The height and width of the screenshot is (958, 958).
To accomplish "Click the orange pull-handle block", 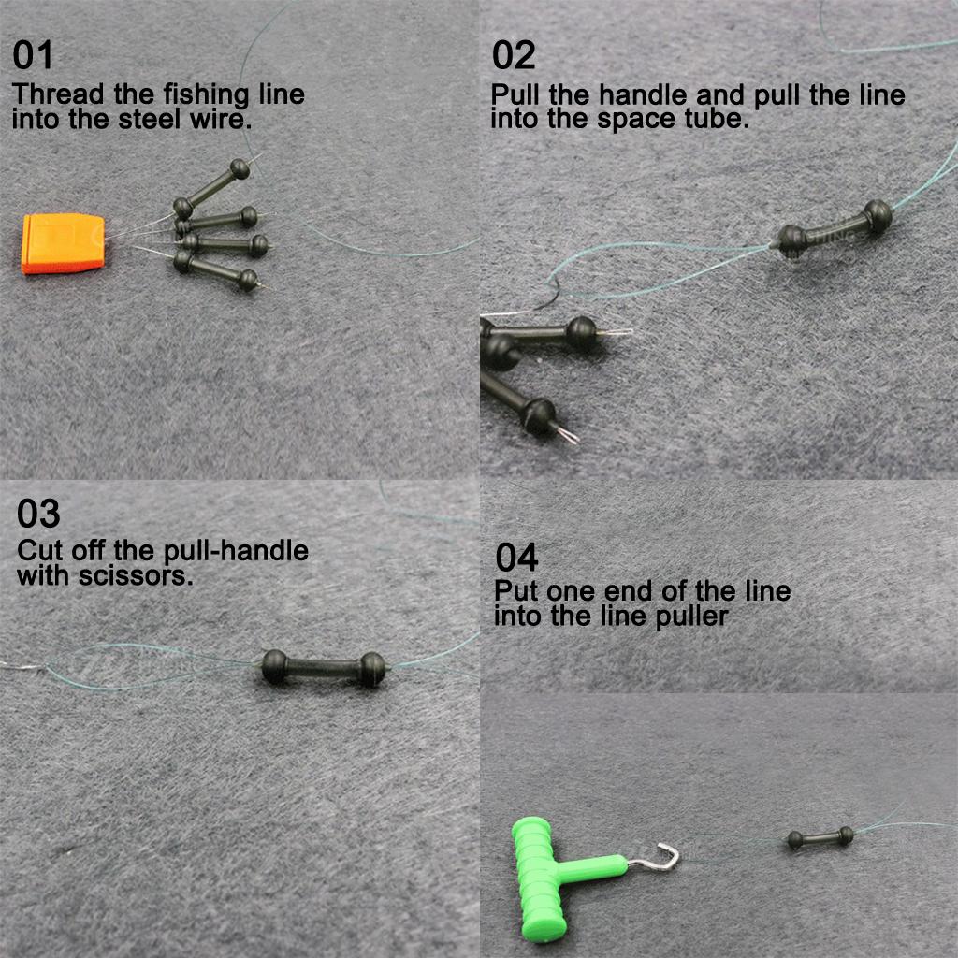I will click(x=63, y=243).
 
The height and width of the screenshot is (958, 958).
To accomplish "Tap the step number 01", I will click(x=34, y=56).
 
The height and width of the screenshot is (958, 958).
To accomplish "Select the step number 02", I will click(x=514, y=56).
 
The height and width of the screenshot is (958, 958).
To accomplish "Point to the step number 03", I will click(x=38, y=514).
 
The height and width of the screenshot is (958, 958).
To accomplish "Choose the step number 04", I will click(x=517, y=558).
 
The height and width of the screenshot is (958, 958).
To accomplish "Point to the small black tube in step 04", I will click(x=820, y=837).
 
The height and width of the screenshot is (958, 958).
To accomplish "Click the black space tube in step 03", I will click(x=323, y=668).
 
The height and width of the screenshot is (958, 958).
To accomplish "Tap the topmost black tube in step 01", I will click(x=211, y=184).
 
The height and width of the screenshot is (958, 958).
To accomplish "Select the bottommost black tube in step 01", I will click(x=215, y=271).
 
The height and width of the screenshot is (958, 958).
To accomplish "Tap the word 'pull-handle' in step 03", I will click(x=236, y=550).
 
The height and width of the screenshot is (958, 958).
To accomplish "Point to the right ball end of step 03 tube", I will click(x=372, y=669).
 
